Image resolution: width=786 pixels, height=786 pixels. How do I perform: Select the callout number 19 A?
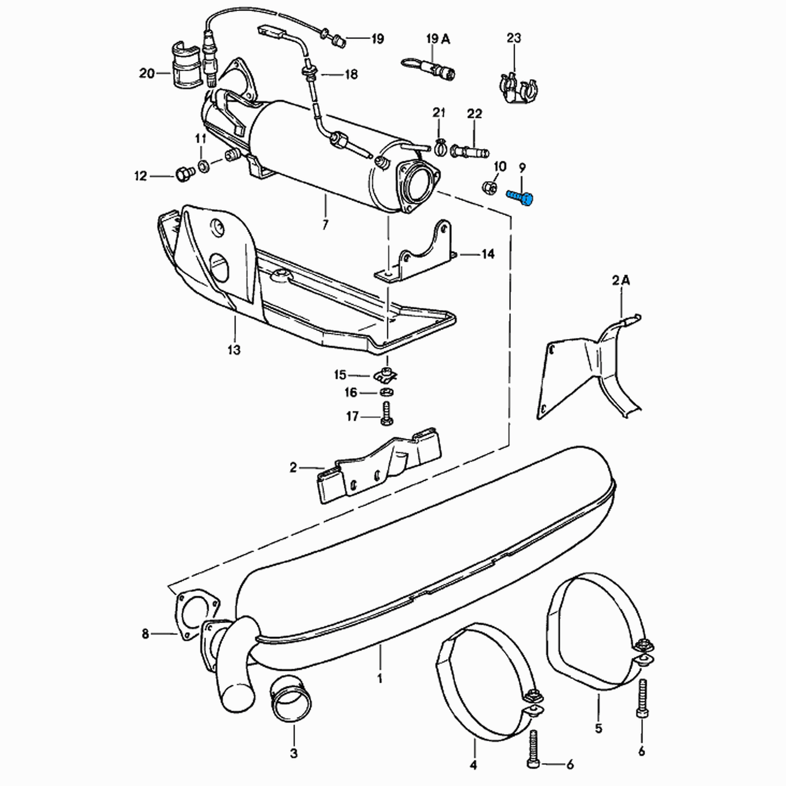click(x=438, y=39)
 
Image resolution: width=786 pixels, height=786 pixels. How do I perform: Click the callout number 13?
click(x=234, y=350)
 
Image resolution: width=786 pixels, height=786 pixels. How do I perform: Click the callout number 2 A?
click(x=621, y=280)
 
